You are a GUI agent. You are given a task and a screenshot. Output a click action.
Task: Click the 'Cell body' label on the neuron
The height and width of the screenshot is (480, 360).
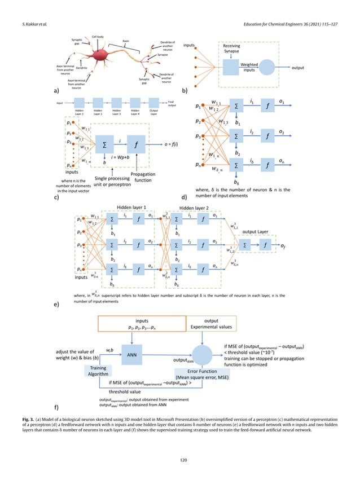coord(97,36)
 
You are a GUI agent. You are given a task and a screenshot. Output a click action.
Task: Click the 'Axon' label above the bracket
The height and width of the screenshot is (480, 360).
coord(126,41)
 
